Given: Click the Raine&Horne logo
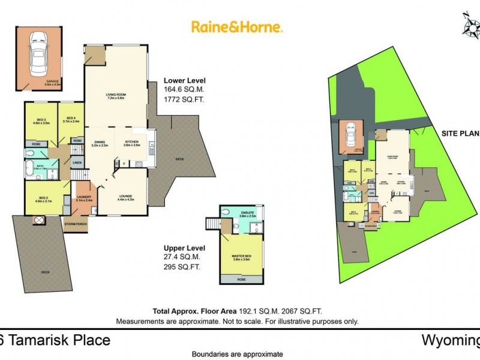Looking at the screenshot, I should pyautogui.click(x=237, y=27).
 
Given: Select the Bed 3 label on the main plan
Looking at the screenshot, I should pyautogui.click(x=41, y=121).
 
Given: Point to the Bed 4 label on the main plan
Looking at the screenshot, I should pyautogui.click(x=71, y=119).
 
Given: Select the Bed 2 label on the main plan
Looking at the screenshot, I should pyautogui.click(x=44, y=199).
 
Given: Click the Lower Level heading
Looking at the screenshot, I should pyautogui.click(x=185, y=80).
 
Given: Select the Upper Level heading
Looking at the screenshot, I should pyautogui.click(x=185, y=248).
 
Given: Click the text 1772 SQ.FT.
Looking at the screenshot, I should pyautogui.click(x=184, y=100).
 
